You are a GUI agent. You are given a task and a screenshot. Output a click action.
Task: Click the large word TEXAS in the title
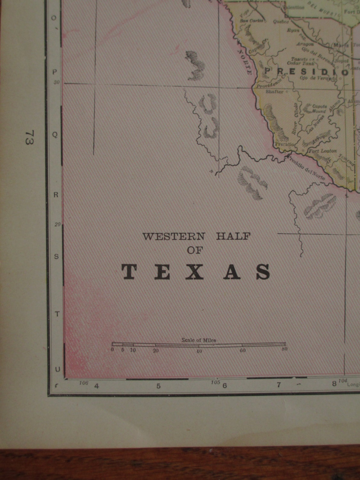196,272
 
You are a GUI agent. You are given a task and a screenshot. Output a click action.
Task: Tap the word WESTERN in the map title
173,237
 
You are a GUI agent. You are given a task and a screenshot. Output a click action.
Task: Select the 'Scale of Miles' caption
199,340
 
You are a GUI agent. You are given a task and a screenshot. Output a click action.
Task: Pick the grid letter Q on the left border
55,135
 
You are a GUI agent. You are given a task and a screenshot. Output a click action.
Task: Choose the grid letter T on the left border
57,314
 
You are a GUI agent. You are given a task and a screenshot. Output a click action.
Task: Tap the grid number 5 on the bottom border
158,386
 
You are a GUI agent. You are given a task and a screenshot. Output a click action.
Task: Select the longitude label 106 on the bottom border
84,383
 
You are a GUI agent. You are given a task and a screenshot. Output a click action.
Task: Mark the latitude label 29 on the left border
57,225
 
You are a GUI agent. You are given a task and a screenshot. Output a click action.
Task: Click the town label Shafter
275,92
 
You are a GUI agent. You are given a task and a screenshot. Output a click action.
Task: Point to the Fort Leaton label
322,151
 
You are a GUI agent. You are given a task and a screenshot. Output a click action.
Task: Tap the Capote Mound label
319,109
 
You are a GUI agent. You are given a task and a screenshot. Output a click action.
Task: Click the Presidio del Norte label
306,167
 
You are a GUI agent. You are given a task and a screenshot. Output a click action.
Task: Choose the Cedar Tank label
298,63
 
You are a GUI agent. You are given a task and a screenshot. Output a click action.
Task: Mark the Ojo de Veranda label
318,78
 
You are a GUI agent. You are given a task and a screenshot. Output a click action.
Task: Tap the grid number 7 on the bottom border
279,385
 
